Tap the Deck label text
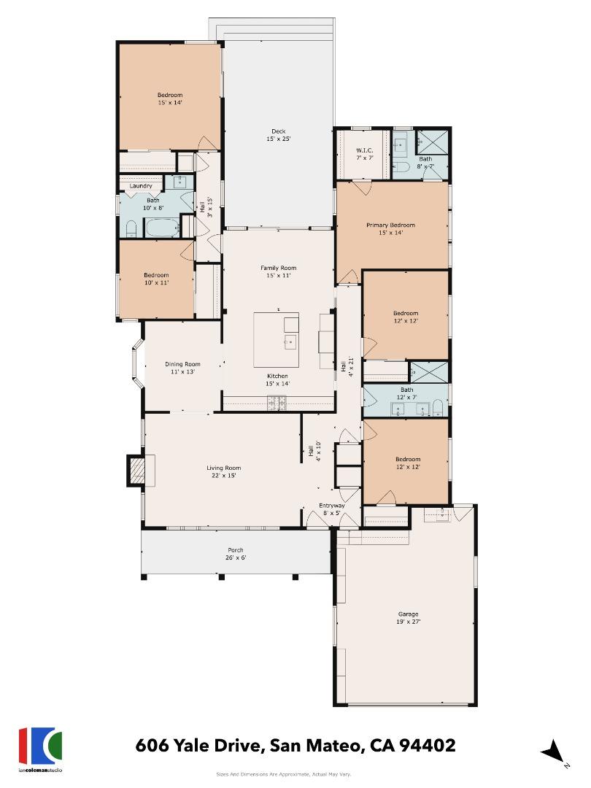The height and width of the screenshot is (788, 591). coord(279,135)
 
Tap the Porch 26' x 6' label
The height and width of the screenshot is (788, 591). coord(236,554)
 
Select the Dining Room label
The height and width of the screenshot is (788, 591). coord(182,368)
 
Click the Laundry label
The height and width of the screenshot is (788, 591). coord(141,186)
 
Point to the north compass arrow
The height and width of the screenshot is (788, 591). coord(553,751)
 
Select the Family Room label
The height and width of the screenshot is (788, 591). coord(279,271)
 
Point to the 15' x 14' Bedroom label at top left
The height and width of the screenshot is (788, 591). coord(169,98)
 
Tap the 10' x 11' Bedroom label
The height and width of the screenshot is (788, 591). coord(155,279)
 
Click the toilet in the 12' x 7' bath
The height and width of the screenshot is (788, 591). coord(436,408)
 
